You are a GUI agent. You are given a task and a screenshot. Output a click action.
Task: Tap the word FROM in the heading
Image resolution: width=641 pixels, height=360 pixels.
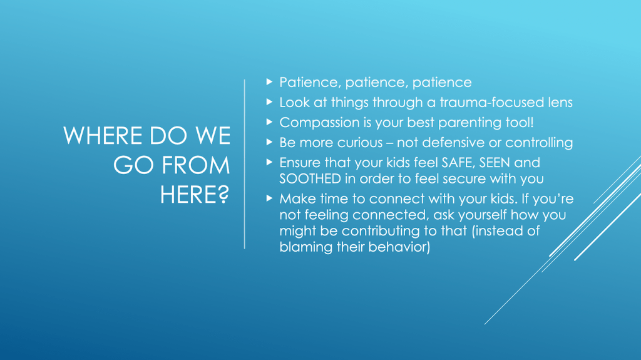[196, 165]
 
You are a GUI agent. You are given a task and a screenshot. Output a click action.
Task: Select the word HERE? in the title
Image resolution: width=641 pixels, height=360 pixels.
[195, 194]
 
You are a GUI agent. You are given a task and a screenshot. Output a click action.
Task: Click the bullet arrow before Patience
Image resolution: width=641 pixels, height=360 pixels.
[269, 82]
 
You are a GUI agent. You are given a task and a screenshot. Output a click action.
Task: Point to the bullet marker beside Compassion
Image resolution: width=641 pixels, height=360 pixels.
[269, 122]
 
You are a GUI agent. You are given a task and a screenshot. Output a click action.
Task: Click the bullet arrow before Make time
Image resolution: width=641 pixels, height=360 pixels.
[269, 198]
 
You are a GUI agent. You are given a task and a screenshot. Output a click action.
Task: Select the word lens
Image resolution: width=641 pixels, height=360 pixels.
[560, 102]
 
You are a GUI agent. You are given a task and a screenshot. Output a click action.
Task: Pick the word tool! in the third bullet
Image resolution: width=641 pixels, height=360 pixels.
[519, 122]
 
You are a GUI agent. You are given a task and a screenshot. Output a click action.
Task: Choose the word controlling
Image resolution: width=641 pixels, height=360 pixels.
[539, 143]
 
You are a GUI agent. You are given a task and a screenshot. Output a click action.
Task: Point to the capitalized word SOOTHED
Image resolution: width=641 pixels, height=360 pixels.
[310, 179]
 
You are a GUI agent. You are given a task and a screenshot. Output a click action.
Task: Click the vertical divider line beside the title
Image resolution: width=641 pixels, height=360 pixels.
[245, 164]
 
